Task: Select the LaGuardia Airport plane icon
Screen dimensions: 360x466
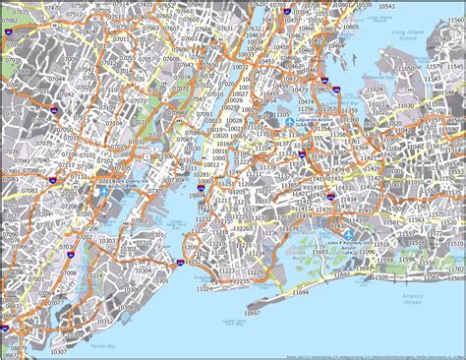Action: pyautogui.click(x=292, y=122)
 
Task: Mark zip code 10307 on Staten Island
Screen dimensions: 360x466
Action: pyautogui.click(x=57, y=349)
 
